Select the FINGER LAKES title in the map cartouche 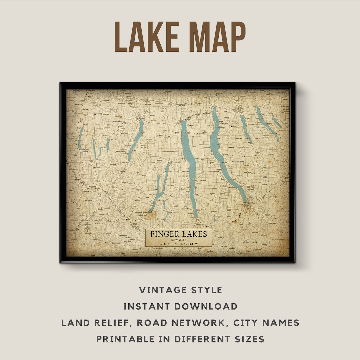178,234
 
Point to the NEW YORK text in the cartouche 178,240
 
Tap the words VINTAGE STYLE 180,290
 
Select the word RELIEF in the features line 111,323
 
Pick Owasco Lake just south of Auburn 246,128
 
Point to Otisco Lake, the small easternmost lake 277,122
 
